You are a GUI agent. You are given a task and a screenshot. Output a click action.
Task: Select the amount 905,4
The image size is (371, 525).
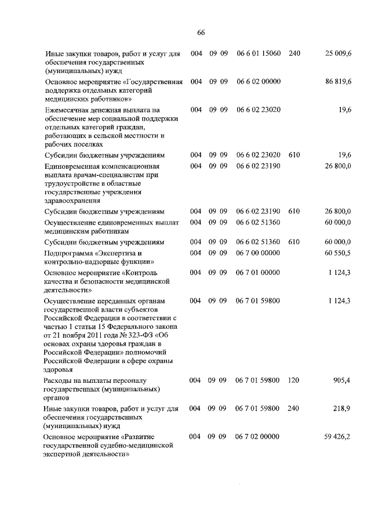point(342,381)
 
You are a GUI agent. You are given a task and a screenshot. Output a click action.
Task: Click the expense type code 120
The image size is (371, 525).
point(293,381)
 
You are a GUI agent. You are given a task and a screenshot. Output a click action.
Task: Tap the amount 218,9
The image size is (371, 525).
point(342,408)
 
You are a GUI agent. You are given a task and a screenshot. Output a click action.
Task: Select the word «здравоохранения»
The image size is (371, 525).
point(72,200)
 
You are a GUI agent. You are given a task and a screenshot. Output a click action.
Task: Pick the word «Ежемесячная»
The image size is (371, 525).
point(70,109)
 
